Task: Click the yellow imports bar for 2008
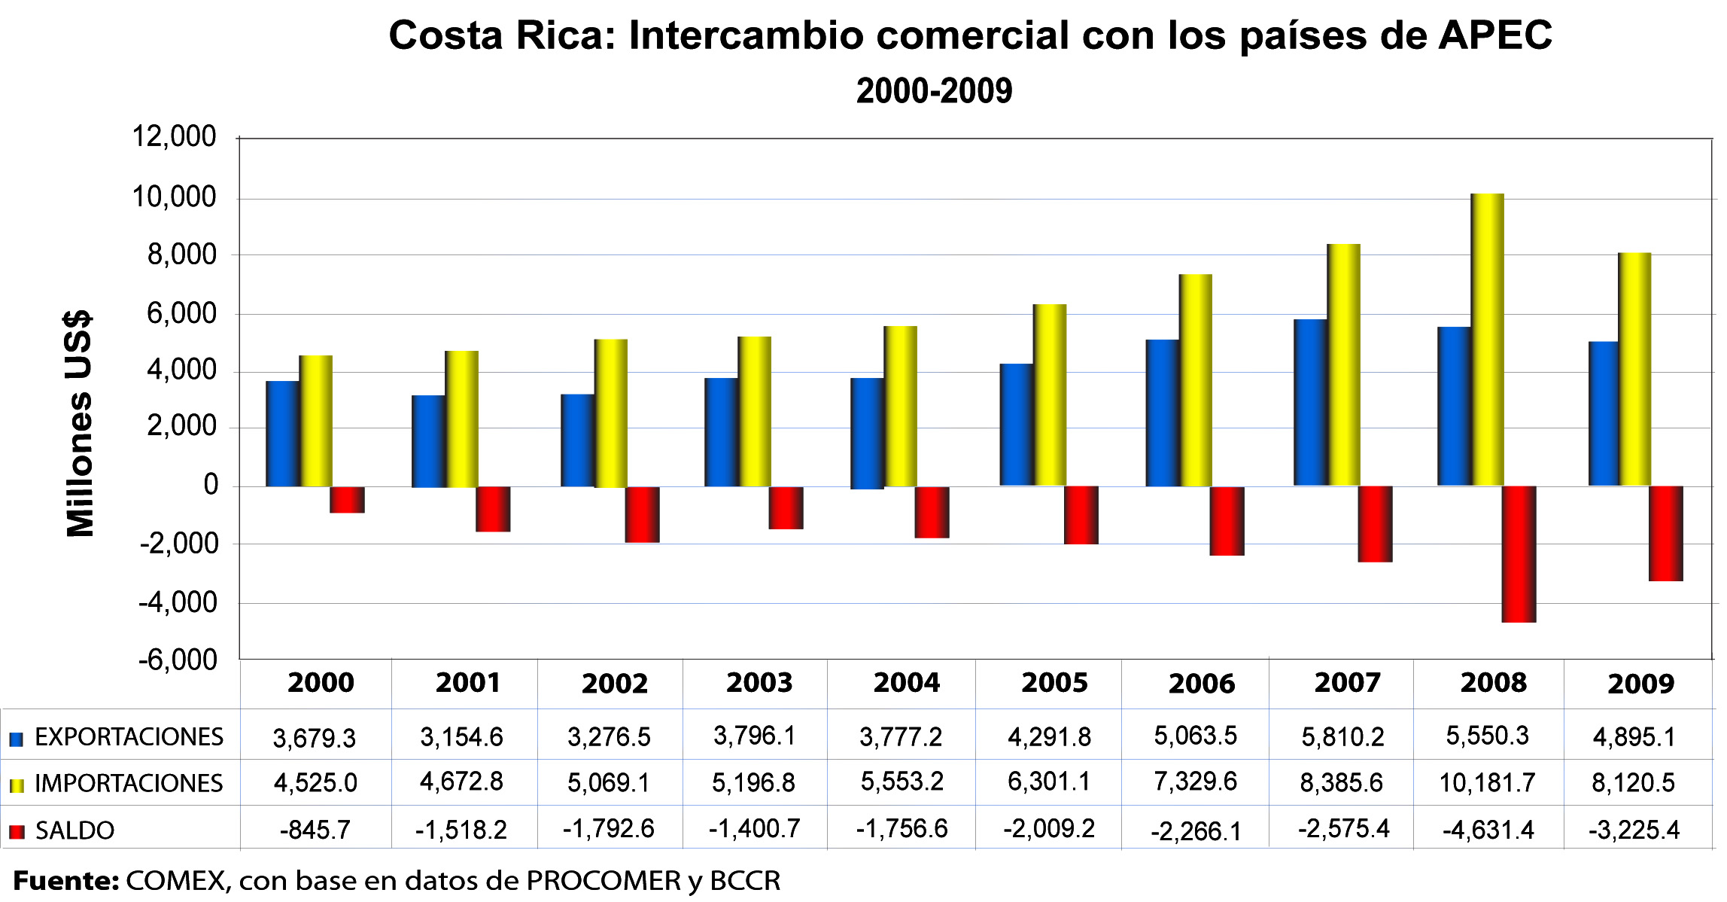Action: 1488,339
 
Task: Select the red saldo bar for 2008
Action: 1519,554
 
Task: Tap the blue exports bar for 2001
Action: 428,441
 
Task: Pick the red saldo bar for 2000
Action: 347,500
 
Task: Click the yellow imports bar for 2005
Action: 1050,395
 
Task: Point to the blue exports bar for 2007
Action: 1310,403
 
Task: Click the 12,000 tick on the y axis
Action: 174,137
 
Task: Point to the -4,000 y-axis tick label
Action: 178,602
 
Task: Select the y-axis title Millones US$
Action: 79,424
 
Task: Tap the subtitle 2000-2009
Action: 934,91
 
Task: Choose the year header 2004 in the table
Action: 906,683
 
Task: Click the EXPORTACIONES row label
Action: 129,736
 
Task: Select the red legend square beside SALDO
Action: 17,831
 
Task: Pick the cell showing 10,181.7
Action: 1487,783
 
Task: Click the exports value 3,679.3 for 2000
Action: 314,738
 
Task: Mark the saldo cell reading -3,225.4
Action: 1634,830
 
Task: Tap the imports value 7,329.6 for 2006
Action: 1196,782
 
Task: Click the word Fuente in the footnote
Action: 65,881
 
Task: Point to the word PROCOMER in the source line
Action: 603,881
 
